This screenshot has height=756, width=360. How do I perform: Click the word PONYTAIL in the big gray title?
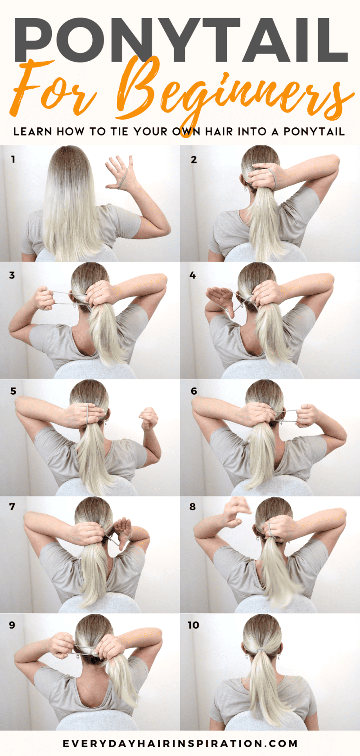click(x=180, y=40)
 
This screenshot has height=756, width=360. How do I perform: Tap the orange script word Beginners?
click(x=234, y=92)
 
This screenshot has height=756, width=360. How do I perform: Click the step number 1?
click(x=13, y=159)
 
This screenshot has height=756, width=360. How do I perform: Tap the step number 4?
click(x=193, y=275)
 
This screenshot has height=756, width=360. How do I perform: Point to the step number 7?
click(x=12, y=507)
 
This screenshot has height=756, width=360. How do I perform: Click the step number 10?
click(x=193, y=625)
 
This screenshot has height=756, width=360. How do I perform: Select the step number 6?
click(x=193, y=391)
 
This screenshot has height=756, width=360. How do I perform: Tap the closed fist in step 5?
click(x=148, y=418)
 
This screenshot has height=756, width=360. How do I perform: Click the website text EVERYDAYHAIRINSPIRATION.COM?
click(x=180, y=743)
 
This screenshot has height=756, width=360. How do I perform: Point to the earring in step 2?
click(x=246, y=189)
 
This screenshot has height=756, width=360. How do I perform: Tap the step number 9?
click(x=12, y=625)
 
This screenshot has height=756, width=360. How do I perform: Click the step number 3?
click(x=12, y=275)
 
